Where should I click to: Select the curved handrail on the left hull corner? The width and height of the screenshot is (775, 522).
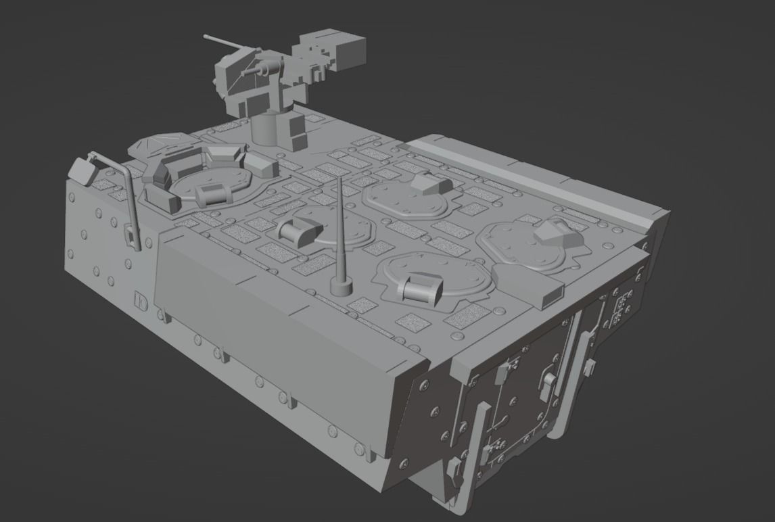pos(128,196)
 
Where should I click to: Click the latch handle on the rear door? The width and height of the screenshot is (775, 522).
pos(548,385)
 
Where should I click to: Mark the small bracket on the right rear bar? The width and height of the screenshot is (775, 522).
pos(590,369)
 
